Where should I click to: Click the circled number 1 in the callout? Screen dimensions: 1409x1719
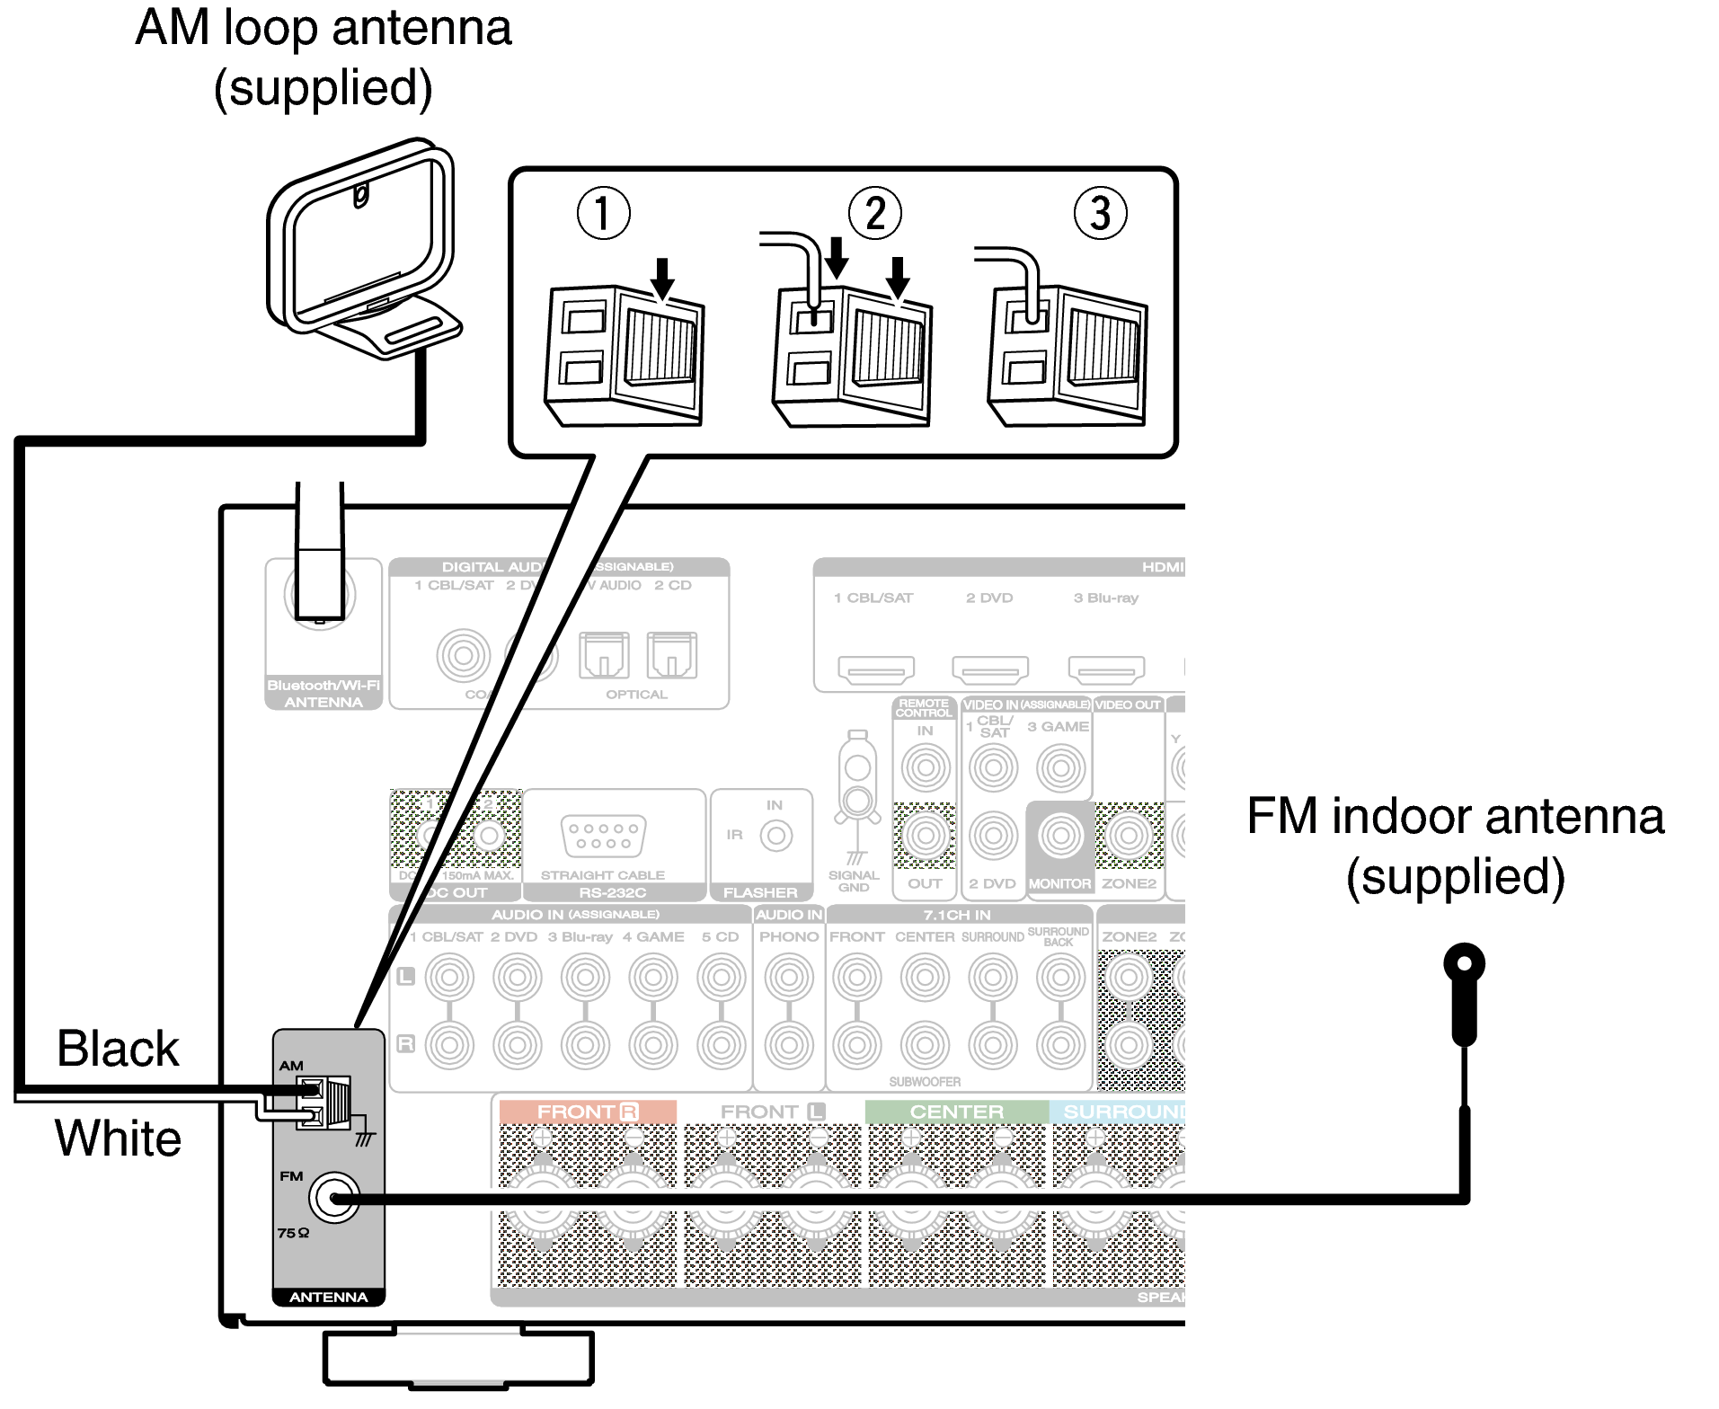click(x=603, y=213)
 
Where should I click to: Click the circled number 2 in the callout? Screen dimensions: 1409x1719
click(x=874, y=213)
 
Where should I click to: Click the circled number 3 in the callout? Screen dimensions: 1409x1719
click(x=1100, y=213)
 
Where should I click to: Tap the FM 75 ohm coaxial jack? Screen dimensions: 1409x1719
click(x=334, y=1198)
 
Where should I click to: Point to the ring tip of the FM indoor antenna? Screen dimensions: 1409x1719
click(x=1464, y=965)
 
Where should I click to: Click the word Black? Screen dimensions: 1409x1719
click(x=118, y=1049)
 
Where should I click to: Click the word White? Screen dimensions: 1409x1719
click(x=118, y=1139)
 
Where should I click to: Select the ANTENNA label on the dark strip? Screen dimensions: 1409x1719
click(x=328, y=1297)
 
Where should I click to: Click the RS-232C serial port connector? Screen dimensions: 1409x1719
click(x=603, y=836)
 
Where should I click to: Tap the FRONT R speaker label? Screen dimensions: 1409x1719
click(x=587, y=1112)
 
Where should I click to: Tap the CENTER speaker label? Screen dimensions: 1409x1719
click(x=956, y=1112)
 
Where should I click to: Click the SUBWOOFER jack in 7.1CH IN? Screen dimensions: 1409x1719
click(x=925, y=1045)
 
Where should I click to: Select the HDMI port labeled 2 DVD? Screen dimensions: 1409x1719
click(x=989, y=669)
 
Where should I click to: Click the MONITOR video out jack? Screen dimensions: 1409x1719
click(x=1060, y=836)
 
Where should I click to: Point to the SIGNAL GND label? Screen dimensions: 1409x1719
click(x=853, y=881)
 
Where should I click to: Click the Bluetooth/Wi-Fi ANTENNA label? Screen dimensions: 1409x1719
click(x=323, y=693)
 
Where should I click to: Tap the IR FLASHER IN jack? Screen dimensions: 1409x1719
click(x=775, y=836)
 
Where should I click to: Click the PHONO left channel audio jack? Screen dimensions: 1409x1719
click(x=789, y=977)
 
